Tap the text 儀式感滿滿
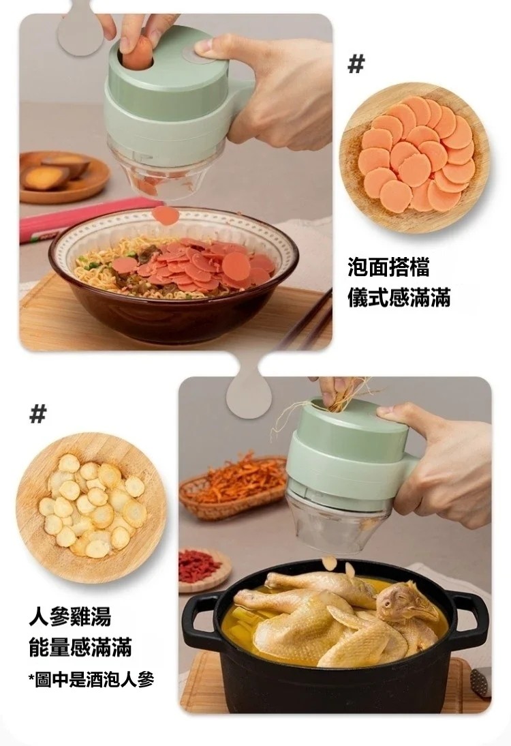click(x=399, y=297)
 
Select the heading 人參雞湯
click(x=70, y=616)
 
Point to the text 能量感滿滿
click(x=80, y=648)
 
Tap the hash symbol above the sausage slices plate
click(x=356, y=63)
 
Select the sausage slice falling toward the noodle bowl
click(x=166, y=215)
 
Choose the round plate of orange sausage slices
click(x=414, y=158)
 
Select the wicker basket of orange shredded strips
click(x=233, y=486)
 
